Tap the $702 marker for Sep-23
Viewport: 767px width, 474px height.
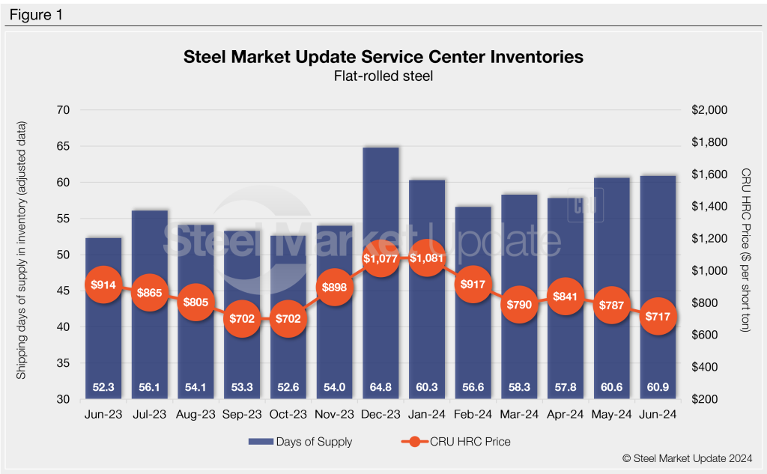pyautogui.click(x=242, y=317)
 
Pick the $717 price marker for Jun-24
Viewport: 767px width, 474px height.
pyautogui.click(x=658, y=316)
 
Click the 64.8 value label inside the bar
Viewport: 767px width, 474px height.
pyautogui.click(x=381, y=387)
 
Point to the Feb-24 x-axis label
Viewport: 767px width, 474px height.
pyautogui.click(x=473, y=413)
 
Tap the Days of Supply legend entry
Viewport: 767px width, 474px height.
pyautogui.click(x=300, y=442)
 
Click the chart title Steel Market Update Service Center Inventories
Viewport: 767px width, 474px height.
pyautogui.click(x=383, y=57)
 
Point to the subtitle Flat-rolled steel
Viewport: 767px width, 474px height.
pyautogui.click(x=383, y=75)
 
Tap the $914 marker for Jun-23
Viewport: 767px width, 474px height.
pyautogui.click(x=103, y=285)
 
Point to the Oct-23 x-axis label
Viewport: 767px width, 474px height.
pyautogui.click(x=288, y=413)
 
